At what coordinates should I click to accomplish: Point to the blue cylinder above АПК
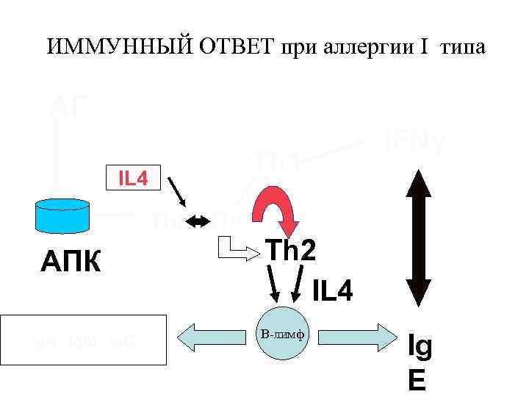[63, 214]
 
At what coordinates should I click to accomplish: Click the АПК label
[72, 261]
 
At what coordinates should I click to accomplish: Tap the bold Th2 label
[292, 250]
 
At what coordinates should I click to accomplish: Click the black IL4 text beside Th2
[332, 292]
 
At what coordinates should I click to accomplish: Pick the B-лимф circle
[284, 335]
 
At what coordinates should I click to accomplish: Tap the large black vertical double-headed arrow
[417, 237]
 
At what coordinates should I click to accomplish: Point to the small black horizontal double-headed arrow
[197, 221]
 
